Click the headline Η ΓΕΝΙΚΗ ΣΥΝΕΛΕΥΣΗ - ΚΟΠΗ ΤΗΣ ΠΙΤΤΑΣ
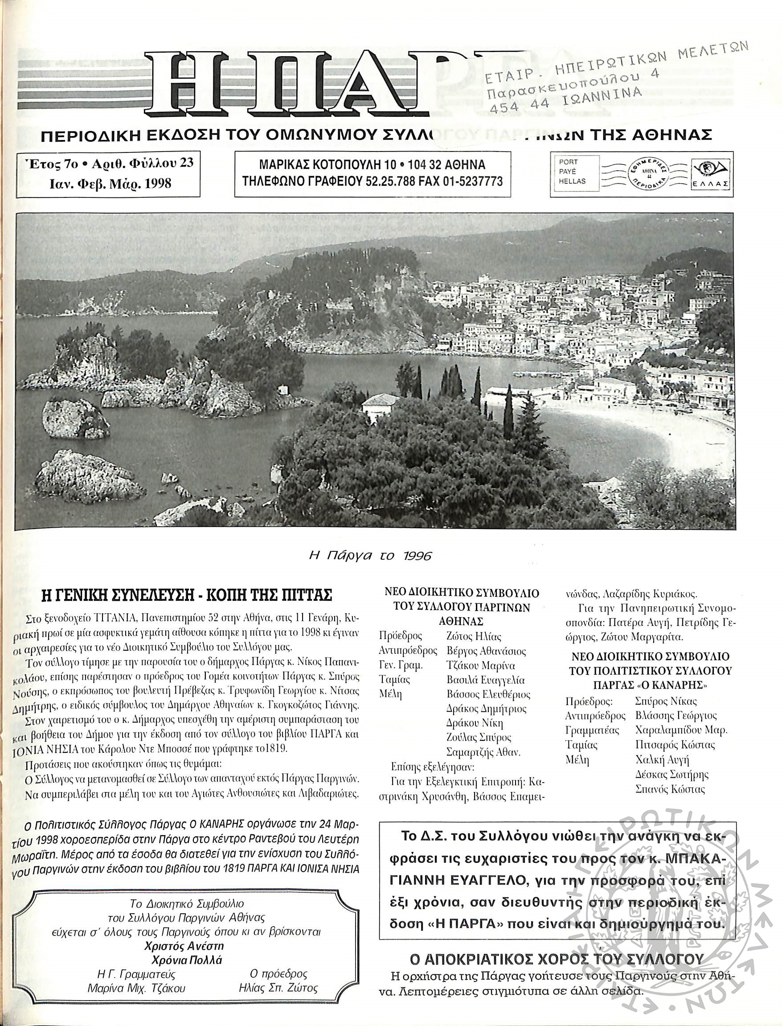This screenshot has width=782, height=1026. (x=187, y=595)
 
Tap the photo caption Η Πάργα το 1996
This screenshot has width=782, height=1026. (x=370, y=556)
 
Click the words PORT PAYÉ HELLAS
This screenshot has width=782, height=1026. (x=572, y=172)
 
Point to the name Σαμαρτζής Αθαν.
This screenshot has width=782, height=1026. (x=483, y=752)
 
